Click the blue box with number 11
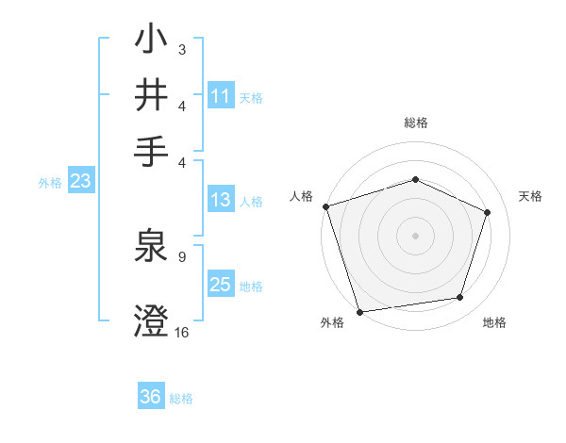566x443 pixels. coord(221,96)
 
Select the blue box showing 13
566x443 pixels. coord(220,200)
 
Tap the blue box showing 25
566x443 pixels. coord(220,285)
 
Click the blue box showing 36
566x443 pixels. coord(151,397)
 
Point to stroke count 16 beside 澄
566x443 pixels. coord(182,332)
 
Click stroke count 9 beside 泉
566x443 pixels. coord(181,255)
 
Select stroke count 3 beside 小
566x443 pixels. coord(181,48)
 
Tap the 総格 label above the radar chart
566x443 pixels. coord(415,123)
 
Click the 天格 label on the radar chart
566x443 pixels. coord(531,196)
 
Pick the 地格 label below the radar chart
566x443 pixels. coord(494,322)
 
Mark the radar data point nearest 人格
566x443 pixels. coord(325,206)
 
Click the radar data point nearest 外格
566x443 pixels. coord(359,311)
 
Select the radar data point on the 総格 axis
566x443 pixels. coord(415,179)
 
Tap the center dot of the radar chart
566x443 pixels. coord(415,235)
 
